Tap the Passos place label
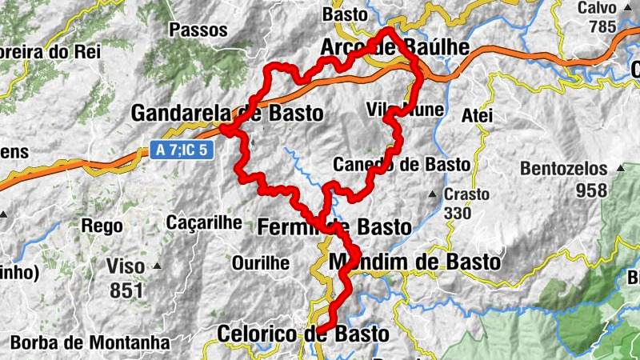(x=198, y=30)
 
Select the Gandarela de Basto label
(x=228, y=114)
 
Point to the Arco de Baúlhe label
(x=394, y=47)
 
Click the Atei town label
(x=478, y=115)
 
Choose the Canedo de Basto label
(x=401, y=164)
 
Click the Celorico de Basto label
(x=304, y=334)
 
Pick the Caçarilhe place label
(x=204, y=222)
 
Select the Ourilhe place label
(x=260, y=262)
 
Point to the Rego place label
(x=102, y=226)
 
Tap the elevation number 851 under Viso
(x=126, y=290)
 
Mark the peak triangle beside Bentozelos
(x=620, y=169)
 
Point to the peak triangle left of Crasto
(x=433, y=194)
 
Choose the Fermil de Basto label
(x=334, y=227)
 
